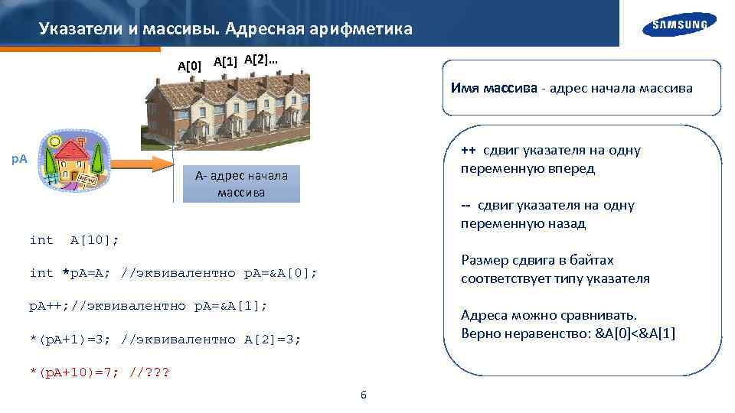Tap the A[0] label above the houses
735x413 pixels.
point(190,66)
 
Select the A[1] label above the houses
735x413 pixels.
point(225,61)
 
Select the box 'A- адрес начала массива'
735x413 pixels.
point(241,184)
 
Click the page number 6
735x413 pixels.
point(363,395)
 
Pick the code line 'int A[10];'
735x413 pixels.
point(73,240)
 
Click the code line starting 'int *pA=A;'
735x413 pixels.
point(172,273)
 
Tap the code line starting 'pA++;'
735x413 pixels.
point(148,306)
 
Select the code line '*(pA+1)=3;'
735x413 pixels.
point(165,339)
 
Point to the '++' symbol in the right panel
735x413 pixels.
point(469,150)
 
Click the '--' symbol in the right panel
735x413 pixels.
point(465,205)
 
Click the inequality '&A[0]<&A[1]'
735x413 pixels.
point(635,333)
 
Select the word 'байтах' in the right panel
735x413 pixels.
point(593,260)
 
